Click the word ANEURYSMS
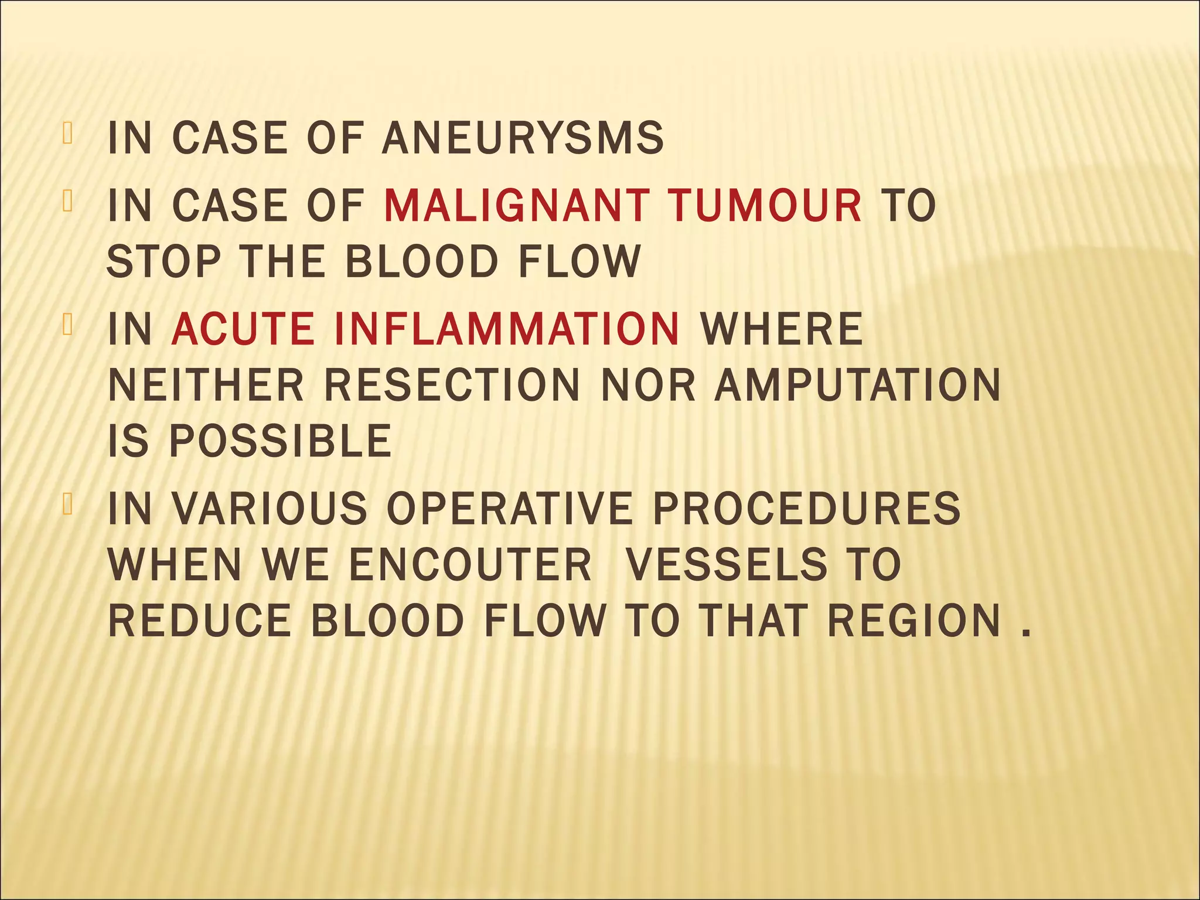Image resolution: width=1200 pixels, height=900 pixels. [523, 138]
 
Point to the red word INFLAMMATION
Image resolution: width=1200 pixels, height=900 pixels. [507, 329]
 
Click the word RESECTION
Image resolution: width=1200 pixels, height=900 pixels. [452, 385]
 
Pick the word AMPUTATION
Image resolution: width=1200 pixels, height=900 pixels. [857, 385]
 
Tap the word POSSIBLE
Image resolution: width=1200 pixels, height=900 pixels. [280, 441]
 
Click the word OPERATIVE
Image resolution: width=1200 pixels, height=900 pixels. [510, 508]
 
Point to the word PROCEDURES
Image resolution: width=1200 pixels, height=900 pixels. [806, 508]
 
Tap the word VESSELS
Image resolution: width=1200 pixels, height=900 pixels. [727, 564]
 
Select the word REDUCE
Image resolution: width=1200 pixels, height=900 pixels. [199, 621]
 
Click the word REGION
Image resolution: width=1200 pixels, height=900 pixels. [914, 621]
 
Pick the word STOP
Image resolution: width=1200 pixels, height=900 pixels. [164, 261]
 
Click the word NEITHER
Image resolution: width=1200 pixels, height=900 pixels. [206, 385]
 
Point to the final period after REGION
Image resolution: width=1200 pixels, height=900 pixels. [1025, 633]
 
